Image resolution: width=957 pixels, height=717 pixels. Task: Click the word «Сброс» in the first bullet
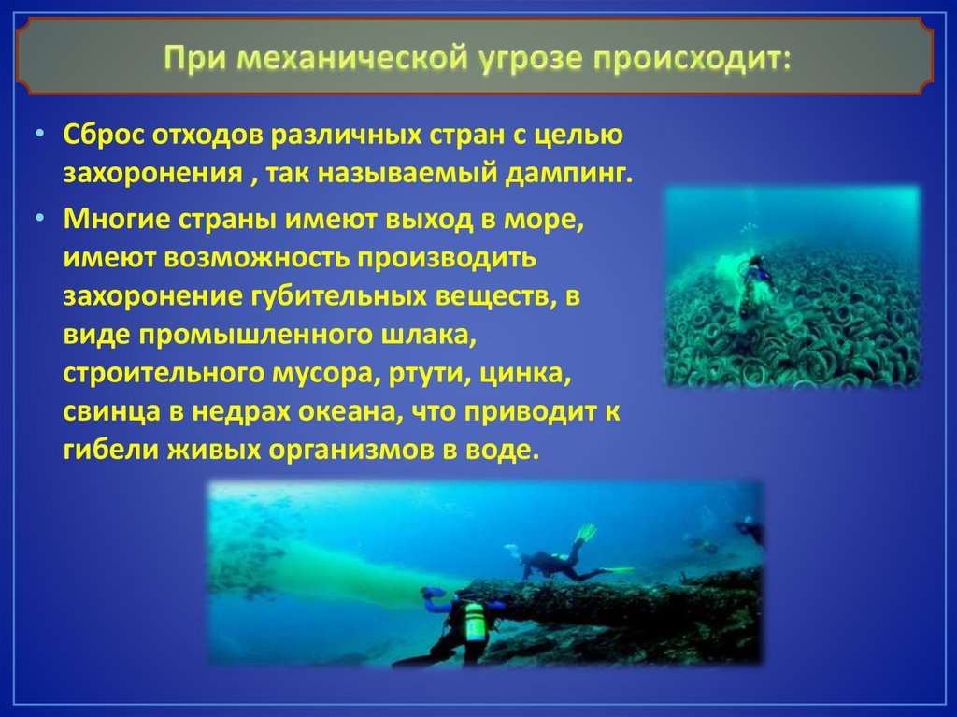click(103, 134)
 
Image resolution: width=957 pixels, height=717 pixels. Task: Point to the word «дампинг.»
click(569, 174)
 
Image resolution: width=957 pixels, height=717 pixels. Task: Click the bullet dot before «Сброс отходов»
click(40, 133)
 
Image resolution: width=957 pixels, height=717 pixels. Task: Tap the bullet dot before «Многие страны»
click(40, 218)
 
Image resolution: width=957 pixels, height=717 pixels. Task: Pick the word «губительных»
click(338, 297)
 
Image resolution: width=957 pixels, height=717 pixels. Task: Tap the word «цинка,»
click(526, 374)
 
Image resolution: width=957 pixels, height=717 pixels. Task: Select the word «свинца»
click(112, 412)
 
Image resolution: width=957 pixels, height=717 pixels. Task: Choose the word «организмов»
click(351, 451)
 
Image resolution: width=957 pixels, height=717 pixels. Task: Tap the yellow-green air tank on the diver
click(474, 621)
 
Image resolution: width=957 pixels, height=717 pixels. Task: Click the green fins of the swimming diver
click(587, 533)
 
